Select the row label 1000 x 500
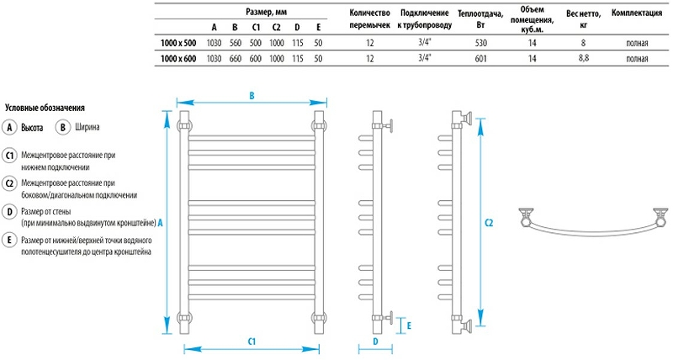pos(178,42)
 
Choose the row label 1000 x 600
pos(178,59)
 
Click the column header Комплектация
pos(636,13)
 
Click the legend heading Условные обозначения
pos(45,108)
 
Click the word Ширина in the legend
pos(87,128)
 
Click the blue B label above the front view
pos(252,96)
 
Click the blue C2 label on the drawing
pos(490,222)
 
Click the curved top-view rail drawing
pos(593,225)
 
